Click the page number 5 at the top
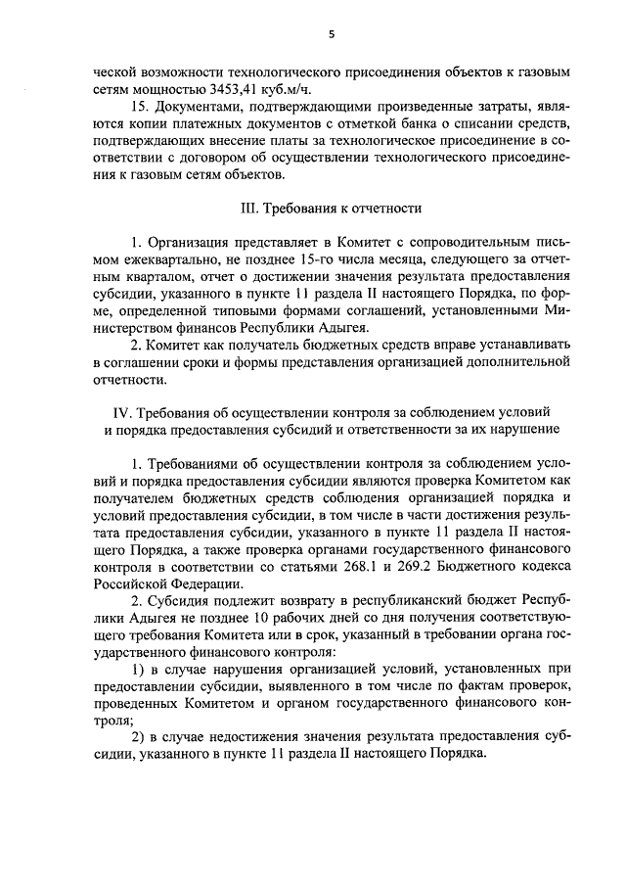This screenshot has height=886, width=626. (331, 35)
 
